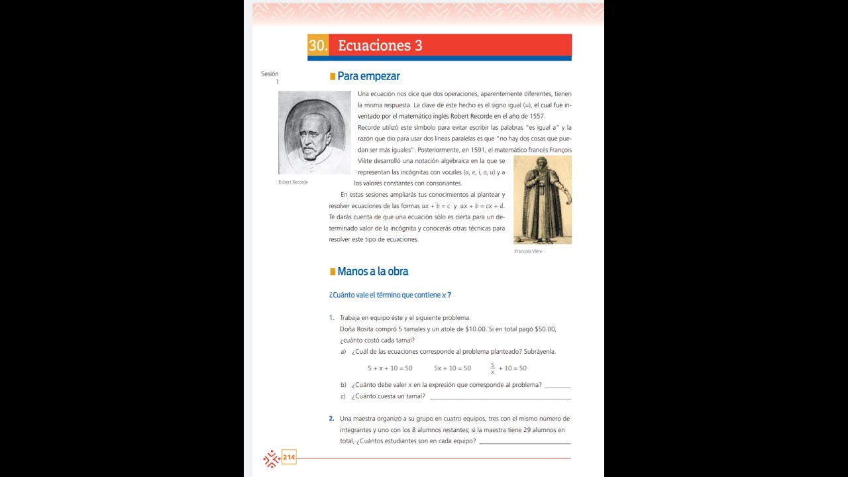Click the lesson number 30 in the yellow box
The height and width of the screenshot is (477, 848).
(x=318, y=46)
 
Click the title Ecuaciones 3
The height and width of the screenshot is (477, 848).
(x=380, y=46)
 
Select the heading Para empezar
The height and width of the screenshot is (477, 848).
(x=368, y=76)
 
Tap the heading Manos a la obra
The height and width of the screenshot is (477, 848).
(x=372, y=271)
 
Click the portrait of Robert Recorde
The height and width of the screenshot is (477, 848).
(x=314, y=132)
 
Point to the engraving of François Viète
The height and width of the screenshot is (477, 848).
(x=543, y=200)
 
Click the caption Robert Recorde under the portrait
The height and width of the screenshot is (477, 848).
(x=293, y=182)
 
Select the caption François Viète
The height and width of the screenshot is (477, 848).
(x=528, y=252)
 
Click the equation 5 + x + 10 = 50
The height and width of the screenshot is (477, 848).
(x=390, y=368)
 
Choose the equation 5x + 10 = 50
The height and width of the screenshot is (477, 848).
(x=452, y=368)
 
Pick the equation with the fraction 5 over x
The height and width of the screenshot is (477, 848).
(x=508, y=368)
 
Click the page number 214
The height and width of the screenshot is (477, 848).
(x=289, y=457)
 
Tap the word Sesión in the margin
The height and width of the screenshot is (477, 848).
(x=270, y=74)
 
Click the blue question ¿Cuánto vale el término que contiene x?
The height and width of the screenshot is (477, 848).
(x=390, y=295)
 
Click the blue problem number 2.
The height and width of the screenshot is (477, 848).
(x=331, y=419)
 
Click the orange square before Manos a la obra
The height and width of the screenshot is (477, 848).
(x=333, y=272)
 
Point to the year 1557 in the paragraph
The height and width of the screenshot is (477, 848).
(x=534, y=116)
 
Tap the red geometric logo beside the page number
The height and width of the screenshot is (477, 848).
(x=271, y=458)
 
